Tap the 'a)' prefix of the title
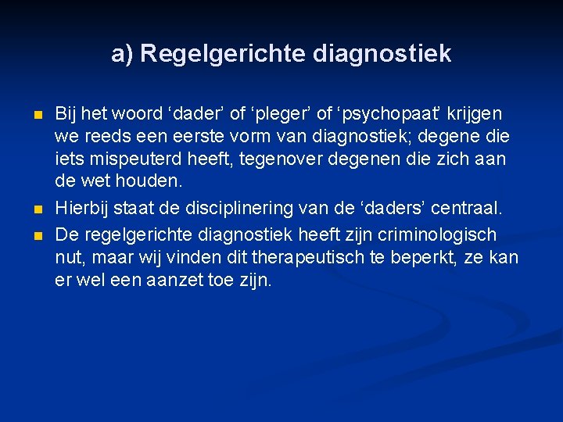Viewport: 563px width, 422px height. pyautogui.click(x=122, y=54)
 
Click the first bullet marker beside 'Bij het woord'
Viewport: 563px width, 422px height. pyautogui.click(x=38, y=116)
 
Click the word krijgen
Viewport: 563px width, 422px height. pyautogui.click(x=474, y=114)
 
